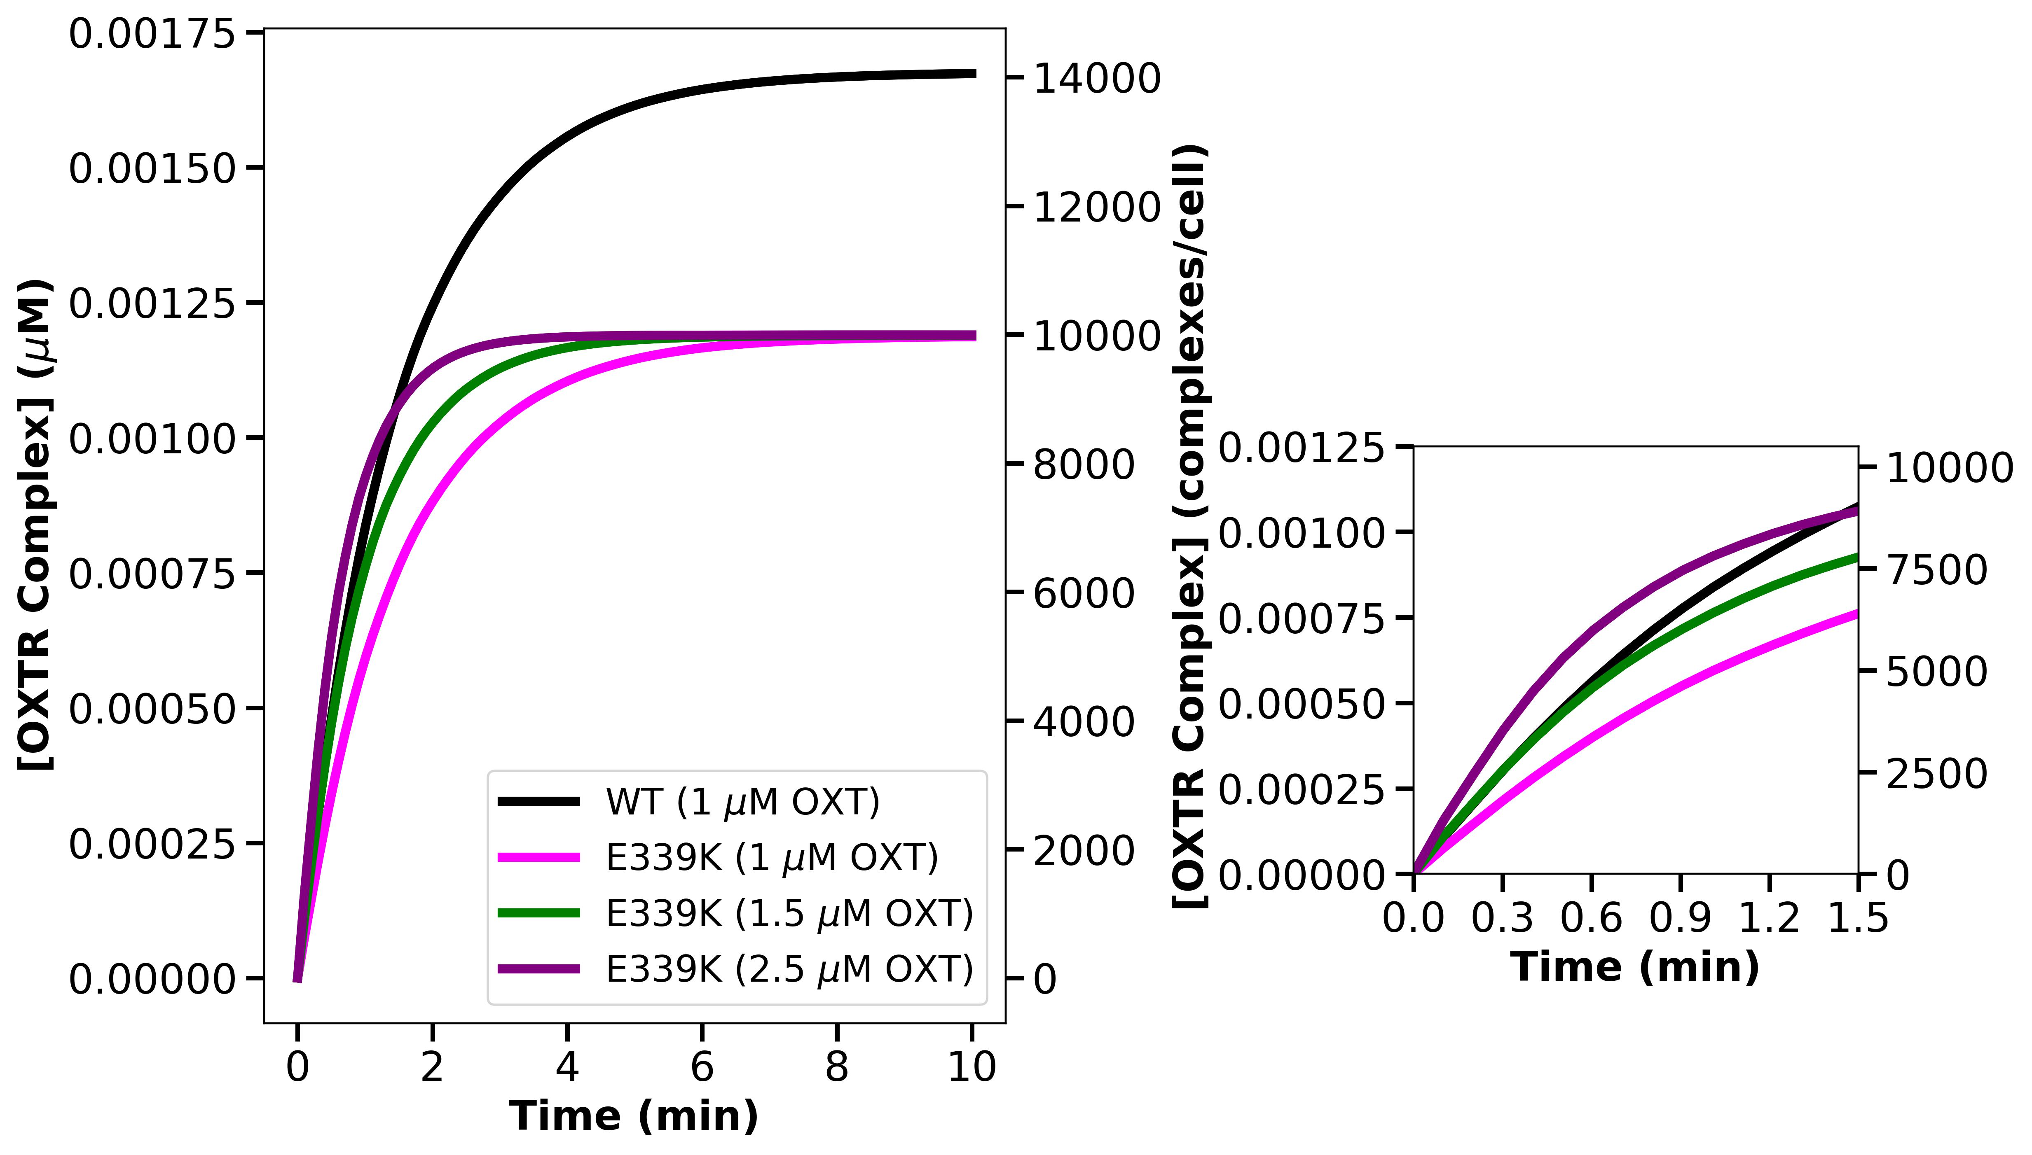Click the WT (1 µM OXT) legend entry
click(742, 802)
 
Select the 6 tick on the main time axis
click(702, 1067)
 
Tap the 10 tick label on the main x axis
click(972, 1067)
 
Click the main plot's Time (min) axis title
click(633, 1116)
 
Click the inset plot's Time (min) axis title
click(1635, 967)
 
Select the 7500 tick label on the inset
click(1937, 569)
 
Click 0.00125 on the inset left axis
click(1302, 448)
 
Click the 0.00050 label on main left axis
click(152, 708)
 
